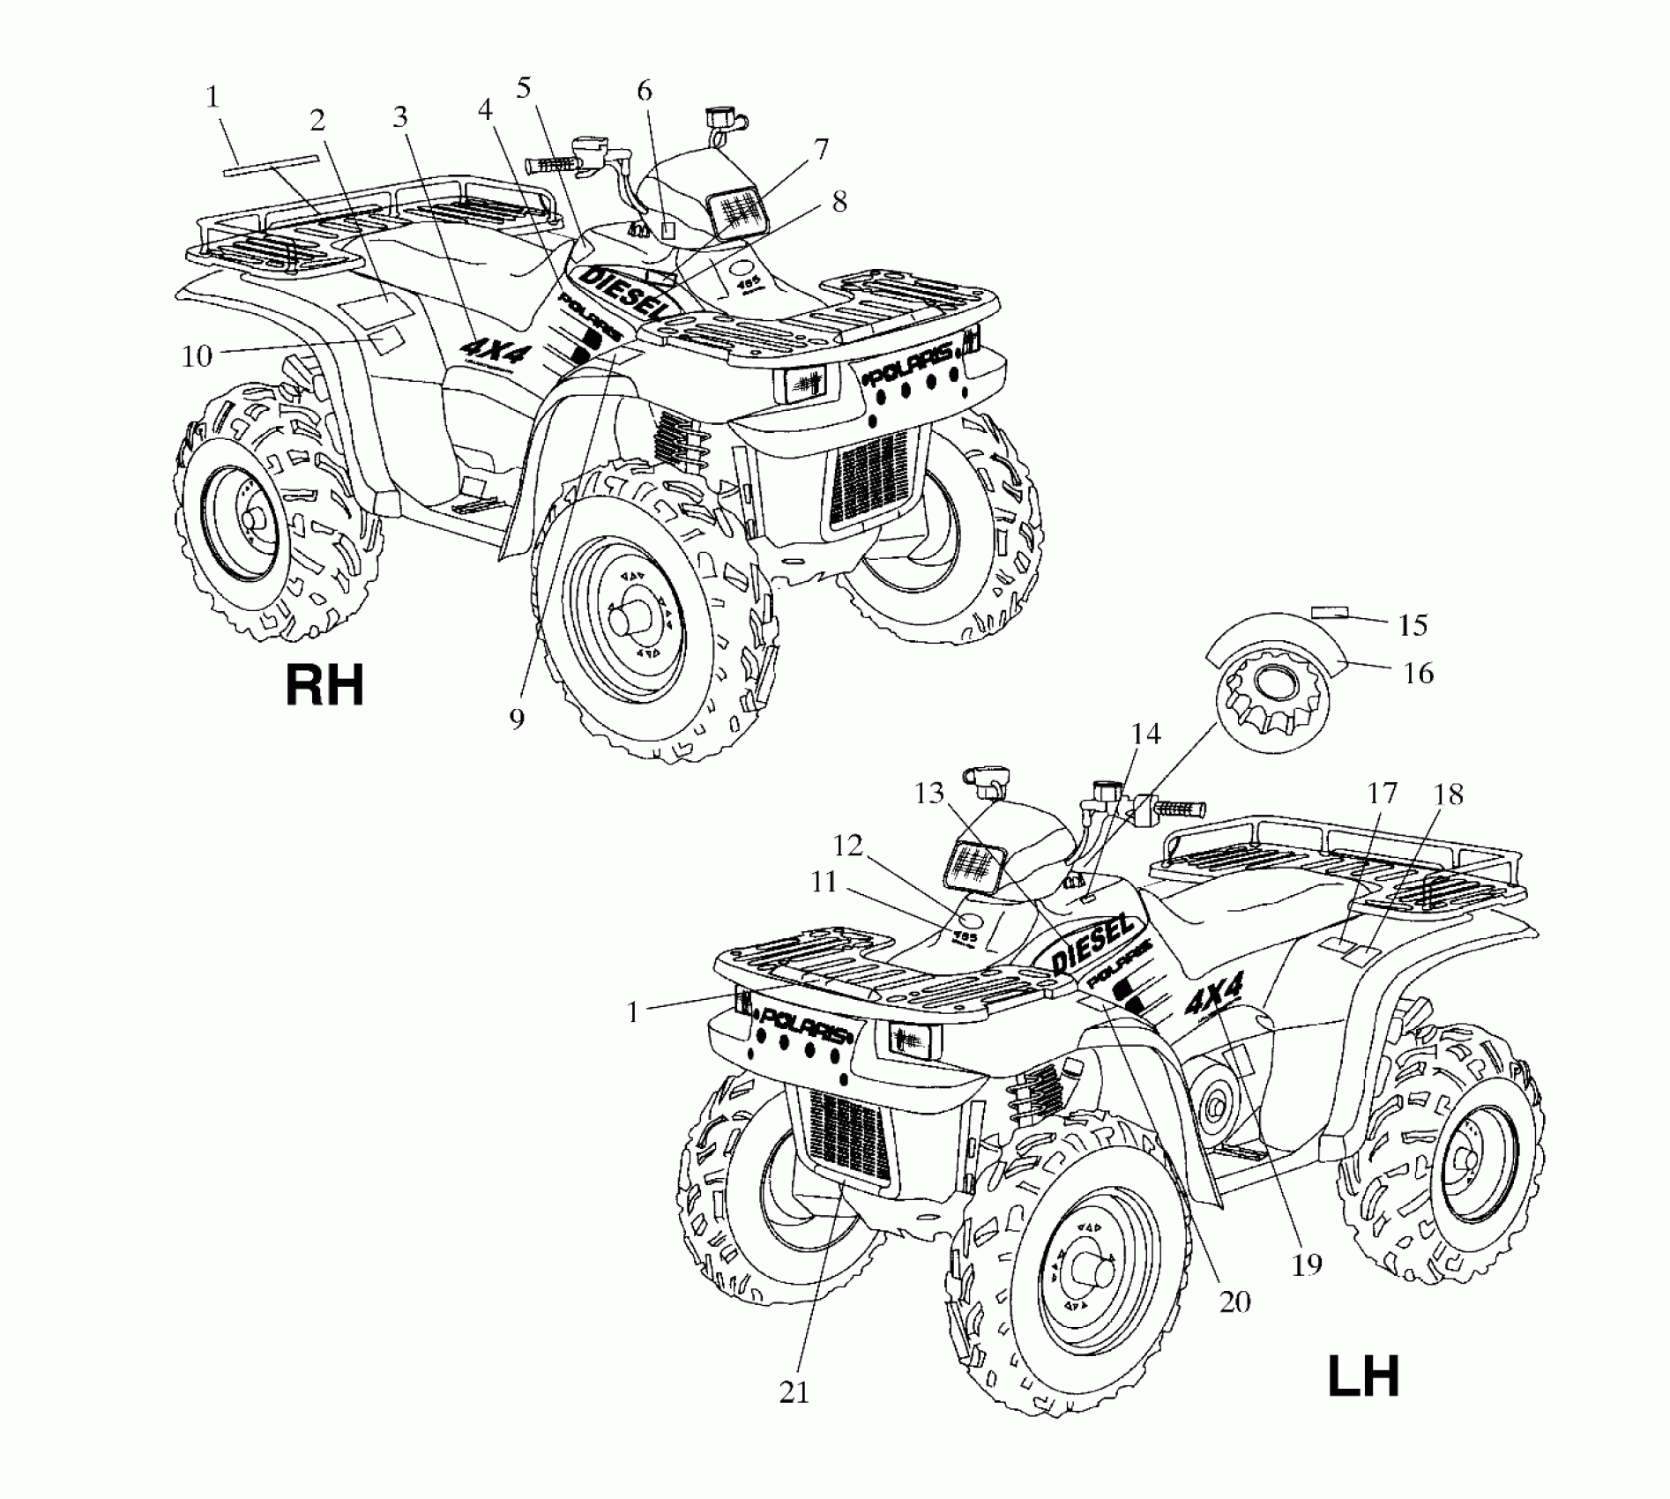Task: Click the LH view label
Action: point(1364,1376)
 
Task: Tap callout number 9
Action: point(517,719)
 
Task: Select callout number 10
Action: point(197,356)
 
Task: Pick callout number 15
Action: point(1413,625)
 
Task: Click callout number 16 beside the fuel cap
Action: point(1418,673)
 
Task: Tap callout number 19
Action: point(1307,1265)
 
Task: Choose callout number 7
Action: point(820,149)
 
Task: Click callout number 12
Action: point(847,845)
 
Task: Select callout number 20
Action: point(1234,1301)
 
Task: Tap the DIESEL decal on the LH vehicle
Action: point(1091,943)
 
